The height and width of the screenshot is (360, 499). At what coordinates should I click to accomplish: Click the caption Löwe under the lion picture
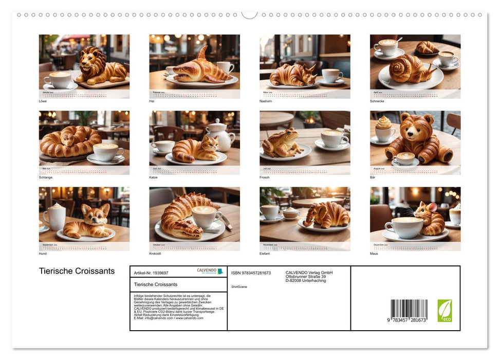43,101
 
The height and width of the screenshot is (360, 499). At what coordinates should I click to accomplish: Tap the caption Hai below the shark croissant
152,101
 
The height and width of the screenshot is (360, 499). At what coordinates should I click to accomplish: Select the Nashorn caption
265,101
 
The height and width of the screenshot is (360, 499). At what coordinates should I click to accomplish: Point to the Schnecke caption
377,101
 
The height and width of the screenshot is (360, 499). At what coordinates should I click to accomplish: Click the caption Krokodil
156,254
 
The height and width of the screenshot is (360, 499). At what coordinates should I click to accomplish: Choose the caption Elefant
265,254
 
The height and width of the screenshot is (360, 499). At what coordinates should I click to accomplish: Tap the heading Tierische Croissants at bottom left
77,271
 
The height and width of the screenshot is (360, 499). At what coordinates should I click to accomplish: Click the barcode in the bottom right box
409,310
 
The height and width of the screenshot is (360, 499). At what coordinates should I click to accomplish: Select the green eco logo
445,311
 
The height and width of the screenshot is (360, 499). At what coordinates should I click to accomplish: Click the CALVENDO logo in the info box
210,271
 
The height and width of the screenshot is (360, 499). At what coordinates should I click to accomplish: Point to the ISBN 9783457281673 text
251,273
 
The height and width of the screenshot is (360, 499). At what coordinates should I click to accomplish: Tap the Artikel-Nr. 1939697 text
151,273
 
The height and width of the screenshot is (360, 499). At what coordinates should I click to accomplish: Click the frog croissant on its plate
282,143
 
